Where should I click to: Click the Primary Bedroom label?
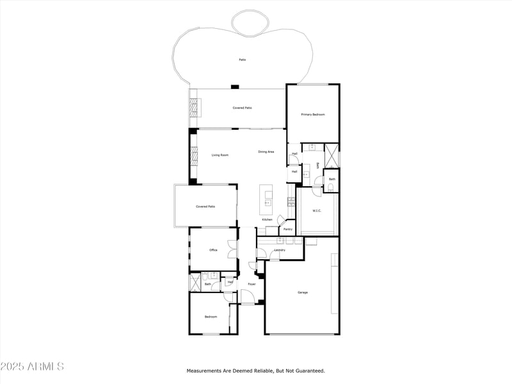click(x=313, y=115)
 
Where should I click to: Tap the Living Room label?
click(x=220, y=155)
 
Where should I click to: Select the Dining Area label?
click(x=266, y=152)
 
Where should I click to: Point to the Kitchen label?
click(x=267, y=220)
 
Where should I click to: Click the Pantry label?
click(x=288, y=229)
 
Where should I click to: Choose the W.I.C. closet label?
click(x=317, y=211)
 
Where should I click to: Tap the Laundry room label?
click(x=280, y=250)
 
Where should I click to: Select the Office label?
click(x=213, y=250)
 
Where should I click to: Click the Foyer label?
click(x=252, y=284)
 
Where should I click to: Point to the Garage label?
click(x=302, y=292)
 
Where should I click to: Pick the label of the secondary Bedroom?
click(x=211, y=317)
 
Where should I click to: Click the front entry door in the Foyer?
click(x=248, y=296)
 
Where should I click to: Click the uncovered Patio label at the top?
click(x=243, y=60)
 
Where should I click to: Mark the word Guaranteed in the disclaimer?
click(x=309, y=371)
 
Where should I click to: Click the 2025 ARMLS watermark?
click(x=32, y=367)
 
